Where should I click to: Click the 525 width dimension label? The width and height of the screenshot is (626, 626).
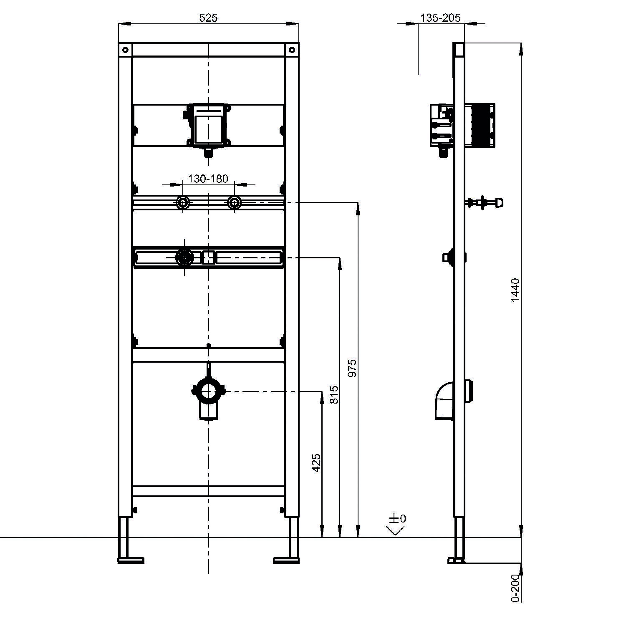pyautogui.click(x=208, y=18)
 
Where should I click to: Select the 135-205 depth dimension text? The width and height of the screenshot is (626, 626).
pyautogui.click(x=440, y=18)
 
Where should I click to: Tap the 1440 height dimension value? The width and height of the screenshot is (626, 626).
pyautogui.click(x=516, y=290)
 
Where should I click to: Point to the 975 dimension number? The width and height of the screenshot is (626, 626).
pyautogui.click(x=353, y=368)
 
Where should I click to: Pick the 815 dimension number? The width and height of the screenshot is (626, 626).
pyautogui.click(x=334, y=394)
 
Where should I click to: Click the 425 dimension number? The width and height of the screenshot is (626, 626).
pyautogui.click(x=316, y=462)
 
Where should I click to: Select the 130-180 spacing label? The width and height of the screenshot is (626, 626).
pyautogui.click(x=208, y=179)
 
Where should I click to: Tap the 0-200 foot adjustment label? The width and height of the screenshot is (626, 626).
pyautogui.click(x=516, y=588)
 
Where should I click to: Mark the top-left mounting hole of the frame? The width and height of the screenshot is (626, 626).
pyautogui.click(x=125, y=50)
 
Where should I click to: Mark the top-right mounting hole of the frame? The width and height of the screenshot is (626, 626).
pyautogui.click(x=292, y=50)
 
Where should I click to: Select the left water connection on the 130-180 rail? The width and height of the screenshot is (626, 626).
pyautogui.click(x=183, y=203)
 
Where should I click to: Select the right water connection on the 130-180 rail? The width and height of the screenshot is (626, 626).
pyautogui.click(x=234, y=203)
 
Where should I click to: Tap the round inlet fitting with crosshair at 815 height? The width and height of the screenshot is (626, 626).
pyautogui.click(x=184, y=257)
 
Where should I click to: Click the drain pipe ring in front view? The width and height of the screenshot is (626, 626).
pyautogui.click(x=208, y=391)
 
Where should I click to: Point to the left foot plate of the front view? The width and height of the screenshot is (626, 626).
pyautogui.click(x=131, y=560)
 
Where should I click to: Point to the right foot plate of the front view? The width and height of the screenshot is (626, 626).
pyautogui.click(x=286, y=560)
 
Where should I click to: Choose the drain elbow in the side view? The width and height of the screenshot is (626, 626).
pyautogui.click(x=444, y=401)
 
